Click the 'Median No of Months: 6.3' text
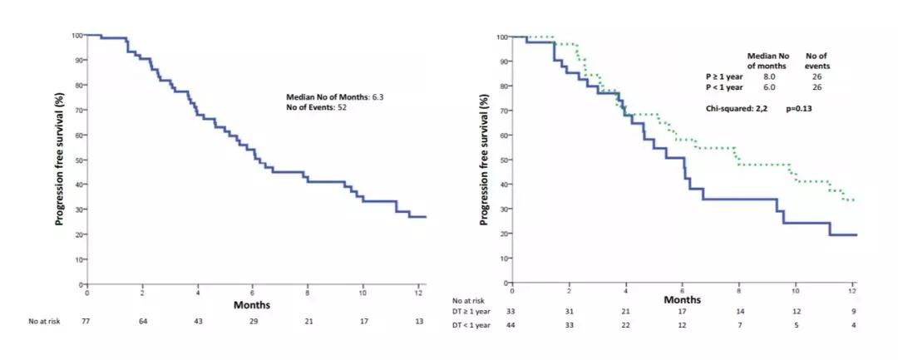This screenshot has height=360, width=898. click(335, 97)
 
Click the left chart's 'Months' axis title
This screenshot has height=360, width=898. click(252, 304)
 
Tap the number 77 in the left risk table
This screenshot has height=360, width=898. click(86, 322)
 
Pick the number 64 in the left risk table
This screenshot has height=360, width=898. click(142, 322)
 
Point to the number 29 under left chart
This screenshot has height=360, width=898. click(252, 322)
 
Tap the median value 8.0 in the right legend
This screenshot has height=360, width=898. click(769, 76)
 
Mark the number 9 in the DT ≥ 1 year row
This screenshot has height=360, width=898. click(853, 311)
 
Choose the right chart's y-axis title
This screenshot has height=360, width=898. click(484, 159)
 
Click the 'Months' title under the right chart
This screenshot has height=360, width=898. click(682, 298)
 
